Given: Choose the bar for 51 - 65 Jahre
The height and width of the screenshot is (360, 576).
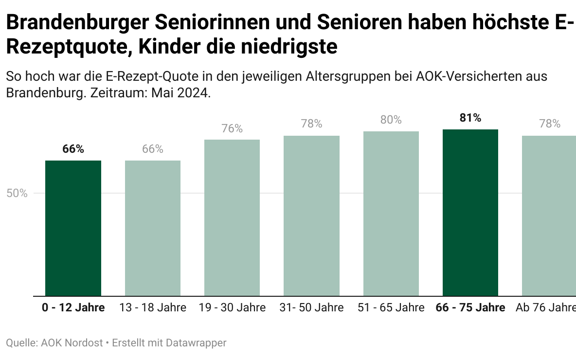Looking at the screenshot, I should click(391, 214).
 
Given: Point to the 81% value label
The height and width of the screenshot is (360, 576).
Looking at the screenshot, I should click(470, 118).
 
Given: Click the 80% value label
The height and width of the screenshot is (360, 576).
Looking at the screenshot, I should click(391, 120).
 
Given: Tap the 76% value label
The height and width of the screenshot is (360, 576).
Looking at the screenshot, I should click(232, 128).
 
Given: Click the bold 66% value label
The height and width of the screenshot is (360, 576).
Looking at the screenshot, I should click(73, 149).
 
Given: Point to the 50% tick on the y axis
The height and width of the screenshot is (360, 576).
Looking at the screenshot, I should click(17, 193).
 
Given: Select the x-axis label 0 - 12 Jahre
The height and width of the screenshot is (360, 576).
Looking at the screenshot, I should click(73, 308).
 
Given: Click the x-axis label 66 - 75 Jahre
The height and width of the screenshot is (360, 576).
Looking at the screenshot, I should click(470, 308).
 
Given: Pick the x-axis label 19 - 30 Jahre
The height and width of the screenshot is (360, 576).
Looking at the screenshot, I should click(232, 308).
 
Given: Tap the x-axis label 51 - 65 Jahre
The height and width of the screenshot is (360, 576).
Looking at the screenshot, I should click(391, 308).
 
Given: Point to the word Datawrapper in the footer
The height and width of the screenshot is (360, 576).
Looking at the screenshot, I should click(196, 343).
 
